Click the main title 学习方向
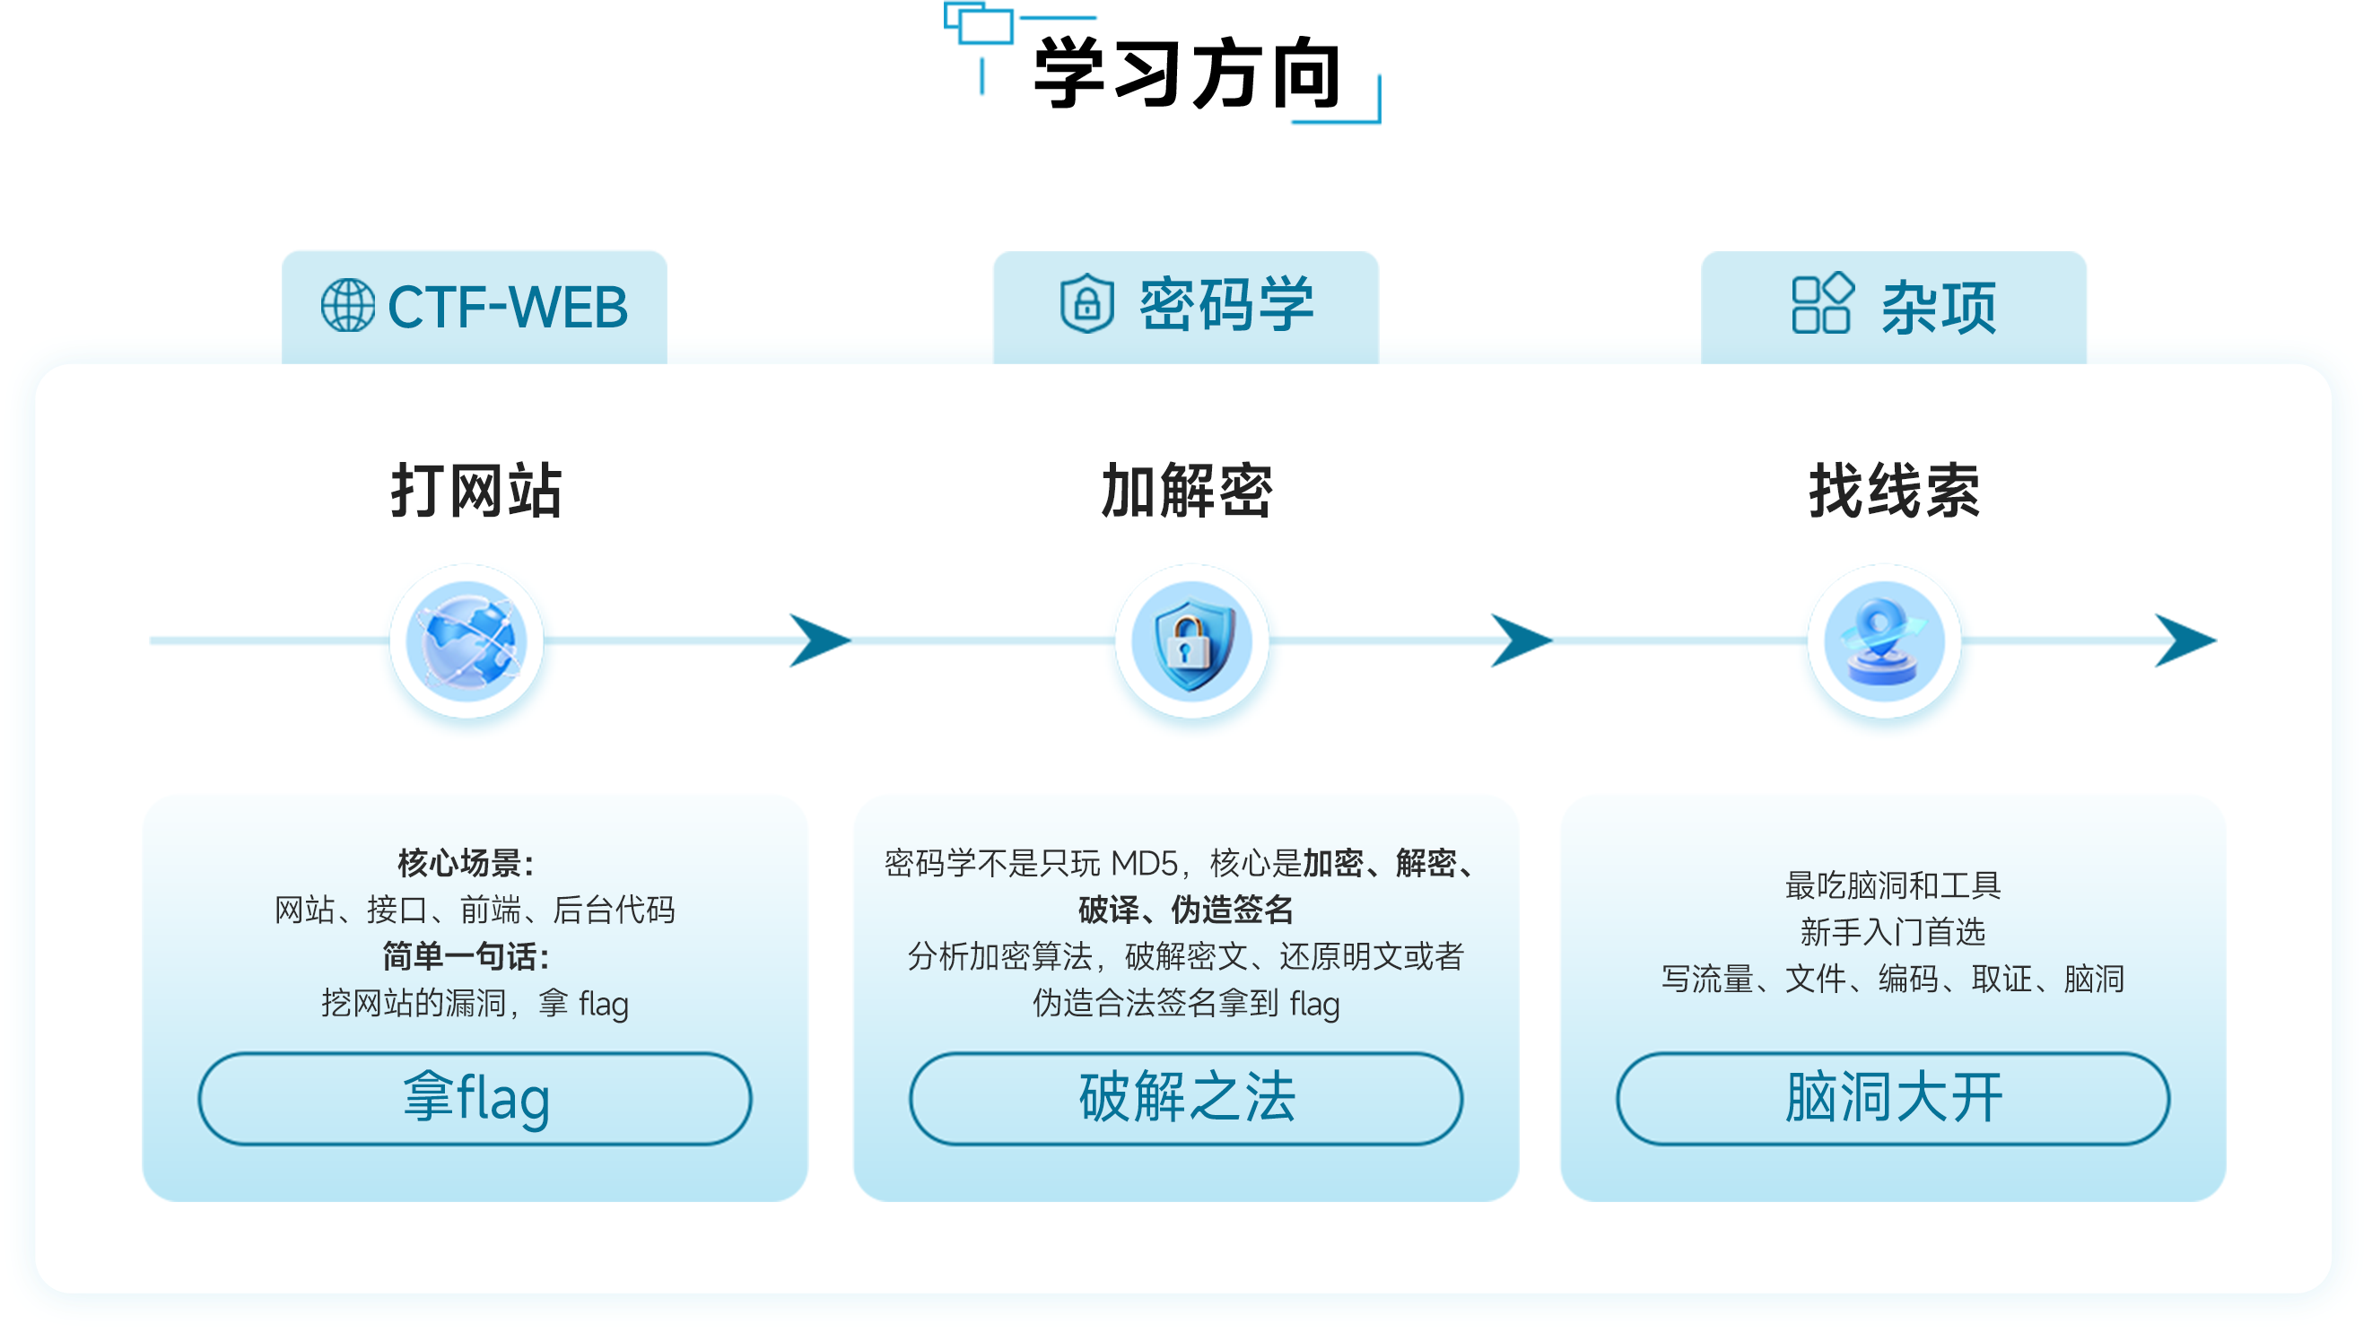point(1187,74)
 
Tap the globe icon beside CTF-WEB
point(348,306)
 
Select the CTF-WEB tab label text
point(508,307)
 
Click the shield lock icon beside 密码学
point(1086,303)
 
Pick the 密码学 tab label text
point(1226,304)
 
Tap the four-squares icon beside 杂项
point(1822,303)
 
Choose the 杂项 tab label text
point(1939,308)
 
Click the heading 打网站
point(476,491)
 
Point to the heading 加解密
point(1187,491)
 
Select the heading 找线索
point(1894,491)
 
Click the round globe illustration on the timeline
point(467,641)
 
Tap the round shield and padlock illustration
point(1191,641)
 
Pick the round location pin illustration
point(1884,641)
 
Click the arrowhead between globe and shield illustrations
point(819,640)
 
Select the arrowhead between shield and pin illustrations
point(1522,640)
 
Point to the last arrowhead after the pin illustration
point(2185,640)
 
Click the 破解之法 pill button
point(1186,1099)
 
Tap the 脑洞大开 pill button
point(1893,1099)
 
